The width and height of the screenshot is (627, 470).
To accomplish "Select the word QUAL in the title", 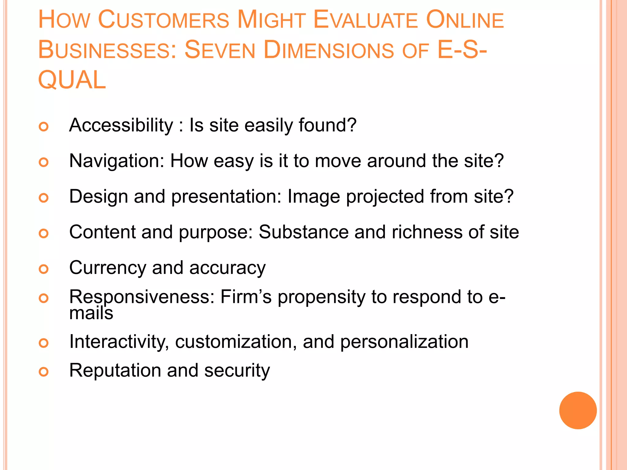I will pyautogui.click(x=72, y=80).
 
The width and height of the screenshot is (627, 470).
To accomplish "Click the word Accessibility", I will pyautogui.click(x=121, y=125).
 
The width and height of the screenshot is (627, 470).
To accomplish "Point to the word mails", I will pyautogui.click(x=91, y=313).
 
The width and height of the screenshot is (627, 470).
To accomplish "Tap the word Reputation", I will pyautogui.click(x=115, y=370).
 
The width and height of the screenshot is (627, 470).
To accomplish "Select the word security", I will pyautogui.click(x=237, y=371).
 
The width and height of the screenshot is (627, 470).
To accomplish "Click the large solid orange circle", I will pyautogui.click(x=578, y=410).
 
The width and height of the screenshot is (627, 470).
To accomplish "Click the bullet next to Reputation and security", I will pyautogui.click(x=44, y=372).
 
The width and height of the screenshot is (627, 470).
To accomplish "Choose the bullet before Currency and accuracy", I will pyautogui.click(x=44, y=269).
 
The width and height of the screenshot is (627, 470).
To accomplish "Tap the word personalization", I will pyautogui.click(x=404, y=341).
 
